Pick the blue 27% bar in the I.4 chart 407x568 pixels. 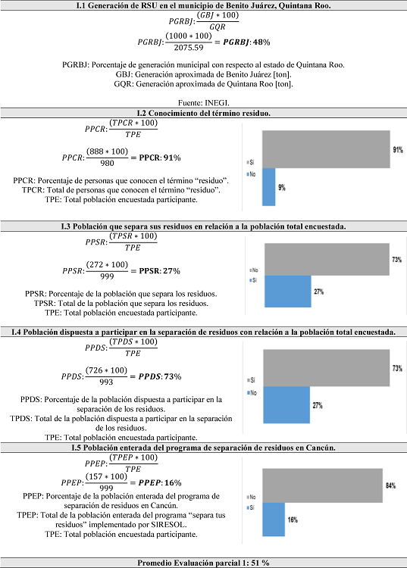point(285,404)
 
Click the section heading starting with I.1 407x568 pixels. point(203,6)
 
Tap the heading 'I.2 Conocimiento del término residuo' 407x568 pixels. point(203,114)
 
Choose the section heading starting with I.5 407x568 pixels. point(203,448)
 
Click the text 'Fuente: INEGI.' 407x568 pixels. point(203,102)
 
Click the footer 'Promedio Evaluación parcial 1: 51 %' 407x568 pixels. point(203,562)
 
